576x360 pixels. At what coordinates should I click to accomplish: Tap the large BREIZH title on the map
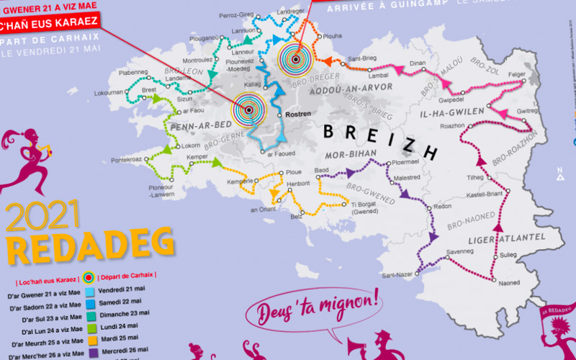tap(379, 141)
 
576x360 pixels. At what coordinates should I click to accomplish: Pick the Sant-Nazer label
tap(396, 275)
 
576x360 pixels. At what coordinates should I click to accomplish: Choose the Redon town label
tap(442, 207)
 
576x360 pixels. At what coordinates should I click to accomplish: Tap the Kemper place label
tap(197, 156)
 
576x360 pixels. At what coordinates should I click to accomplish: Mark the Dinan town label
tap(418, 64)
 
